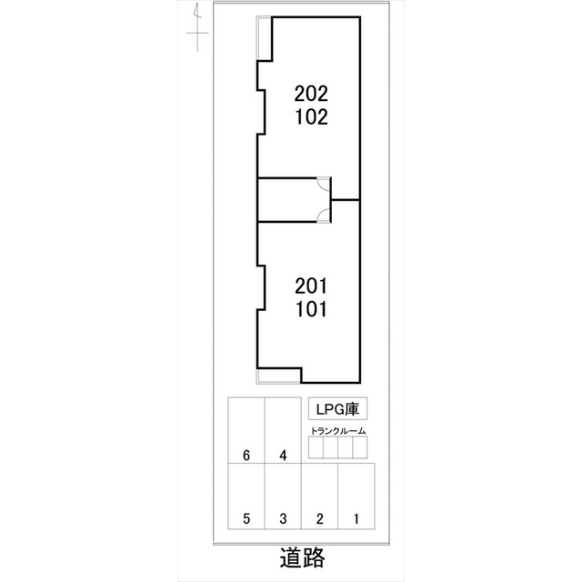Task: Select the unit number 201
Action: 311,285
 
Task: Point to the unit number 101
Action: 311,308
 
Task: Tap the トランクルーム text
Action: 337,430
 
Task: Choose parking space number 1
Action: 356,519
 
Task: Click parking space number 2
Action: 320,519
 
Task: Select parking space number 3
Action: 283,519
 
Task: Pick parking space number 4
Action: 283,456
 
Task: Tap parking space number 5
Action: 246,519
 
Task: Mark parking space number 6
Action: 246,456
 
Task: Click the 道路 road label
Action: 302,557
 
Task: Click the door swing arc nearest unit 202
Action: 323,185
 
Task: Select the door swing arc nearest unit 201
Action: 323,216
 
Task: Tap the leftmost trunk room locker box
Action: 316,448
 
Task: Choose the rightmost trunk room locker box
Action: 359,448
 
